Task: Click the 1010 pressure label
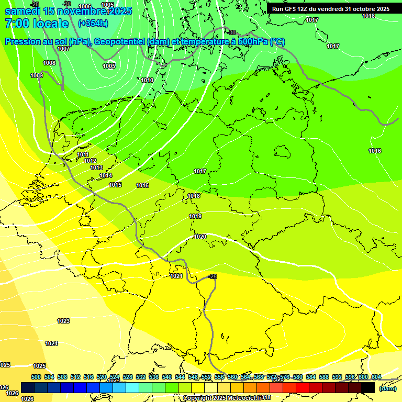(147, 80)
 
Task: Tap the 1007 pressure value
(63, 49)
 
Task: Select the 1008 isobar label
(49, 63)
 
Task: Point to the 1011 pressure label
(83, 154)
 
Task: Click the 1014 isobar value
(106, 175)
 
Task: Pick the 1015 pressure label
(115, 185)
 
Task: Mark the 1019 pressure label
(195, 216)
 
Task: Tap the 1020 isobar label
(199, 237)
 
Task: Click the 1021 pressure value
(176, 276)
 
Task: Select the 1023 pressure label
(63, 321)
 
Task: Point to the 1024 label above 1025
(51, 343)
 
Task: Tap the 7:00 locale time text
(37, 24)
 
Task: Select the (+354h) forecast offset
(93, 24)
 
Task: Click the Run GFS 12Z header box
(330, 9)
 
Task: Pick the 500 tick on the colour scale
(36, 377)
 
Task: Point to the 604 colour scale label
(376, 377)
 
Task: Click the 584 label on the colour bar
(323, 377)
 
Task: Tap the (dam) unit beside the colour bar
(388, 388)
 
